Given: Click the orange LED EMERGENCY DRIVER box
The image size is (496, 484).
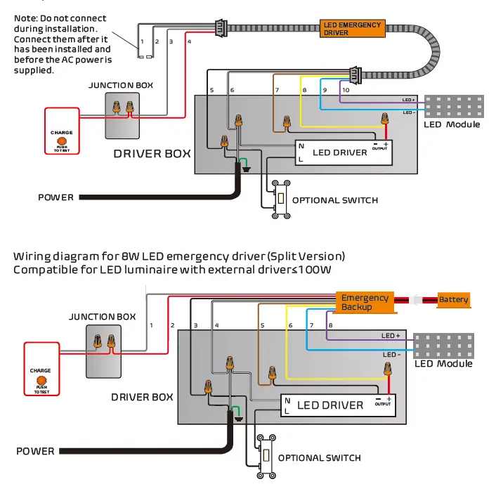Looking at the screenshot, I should (x=352, y=29).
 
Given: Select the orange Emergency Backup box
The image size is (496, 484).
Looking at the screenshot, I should (x=365, y=302).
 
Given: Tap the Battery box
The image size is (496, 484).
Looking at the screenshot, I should (x=453, y=300).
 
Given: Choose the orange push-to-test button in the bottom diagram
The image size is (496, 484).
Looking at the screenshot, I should (x=41, y=381).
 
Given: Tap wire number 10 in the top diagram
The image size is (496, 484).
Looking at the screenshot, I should (x=346, y=91).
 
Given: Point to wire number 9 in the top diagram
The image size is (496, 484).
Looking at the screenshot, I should (x=325, y=91).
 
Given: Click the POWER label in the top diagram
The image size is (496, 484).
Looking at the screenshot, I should (x=56, y=197).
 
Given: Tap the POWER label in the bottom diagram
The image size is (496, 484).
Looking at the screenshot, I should (x=35, y=450).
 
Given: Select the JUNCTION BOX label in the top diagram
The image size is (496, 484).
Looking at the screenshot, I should (x=121, y=85).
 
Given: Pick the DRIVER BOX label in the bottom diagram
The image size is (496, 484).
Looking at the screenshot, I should (x=142, y=397).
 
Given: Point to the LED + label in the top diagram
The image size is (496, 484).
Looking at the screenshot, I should (x=408, y=100).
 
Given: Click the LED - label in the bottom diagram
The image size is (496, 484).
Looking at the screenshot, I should (x=391, y=354).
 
